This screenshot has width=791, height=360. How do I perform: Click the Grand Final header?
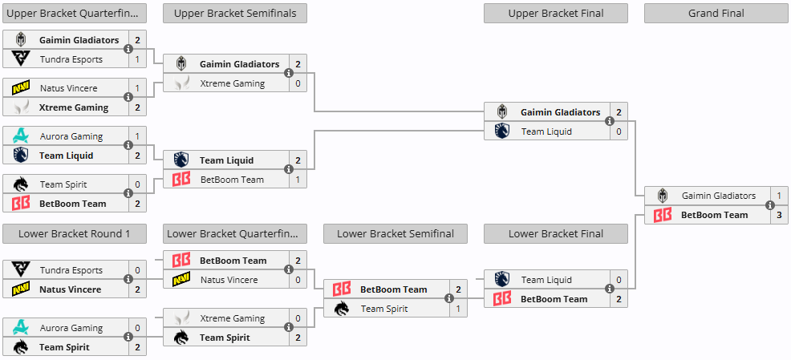coord(716,14)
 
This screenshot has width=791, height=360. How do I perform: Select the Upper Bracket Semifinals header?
coord(234,14)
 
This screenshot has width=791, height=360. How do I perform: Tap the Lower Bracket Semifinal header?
coord(395,233)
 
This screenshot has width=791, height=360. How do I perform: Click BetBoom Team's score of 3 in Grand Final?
coord(779,215)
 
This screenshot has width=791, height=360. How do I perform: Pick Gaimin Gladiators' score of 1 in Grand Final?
coord(779,196)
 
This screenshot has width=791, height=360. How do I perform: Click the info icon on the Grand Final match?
coord(770,205)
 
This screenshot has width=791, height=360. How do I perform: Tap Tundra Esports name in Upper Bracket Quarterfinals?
coord(71,59)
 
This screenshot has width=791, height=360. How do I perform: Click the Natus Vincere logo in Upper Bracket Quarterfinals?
coord(21,88)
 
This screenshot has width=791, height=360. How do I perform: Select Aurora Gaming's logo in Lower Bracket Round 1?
coord(21,328)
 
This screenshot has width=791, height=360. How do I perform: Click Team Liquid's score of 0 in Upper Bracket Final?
coord(619,131)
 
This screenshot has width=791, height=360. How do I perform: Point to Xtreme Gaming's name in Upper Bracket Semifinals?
coord(232,83)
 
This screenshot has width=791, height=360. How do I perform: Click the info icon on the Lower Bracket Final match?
coord(610,289)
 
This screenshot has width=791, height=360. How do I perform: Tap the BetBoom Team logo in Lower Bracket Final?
coord(502,299)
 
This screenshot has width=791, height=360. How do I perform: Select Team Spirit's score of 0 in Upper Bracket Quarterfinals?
coord(137,184)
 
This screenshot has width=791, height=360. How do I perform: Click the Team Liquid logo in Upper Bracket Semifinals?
coord(181,160)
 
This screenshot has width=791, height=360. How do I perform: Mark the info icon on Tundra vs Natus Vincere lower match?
coord(128,279)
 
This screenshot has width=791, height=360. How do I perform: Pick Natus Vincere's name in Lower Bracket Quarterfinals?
coord(229,280)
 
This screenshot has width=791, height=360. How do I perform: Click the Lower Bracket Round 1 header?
coord(74,233)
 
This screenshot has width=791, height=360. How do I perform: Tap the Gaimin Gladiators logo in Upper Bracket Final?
coord(502,112)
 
